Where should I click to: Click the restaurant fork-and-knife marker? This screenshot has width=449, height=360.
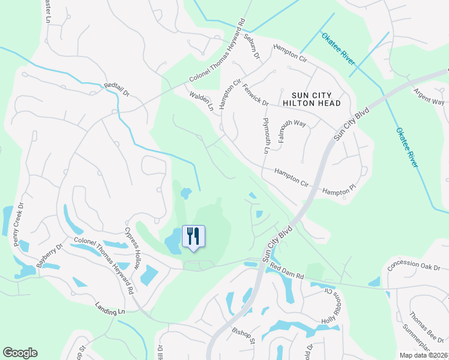(x=193, y=235)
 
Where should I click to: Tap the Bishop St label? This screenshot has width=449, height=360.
(x=245, y=339)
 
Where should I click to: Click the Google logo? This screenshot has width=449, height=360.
(x=20, y=353)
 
